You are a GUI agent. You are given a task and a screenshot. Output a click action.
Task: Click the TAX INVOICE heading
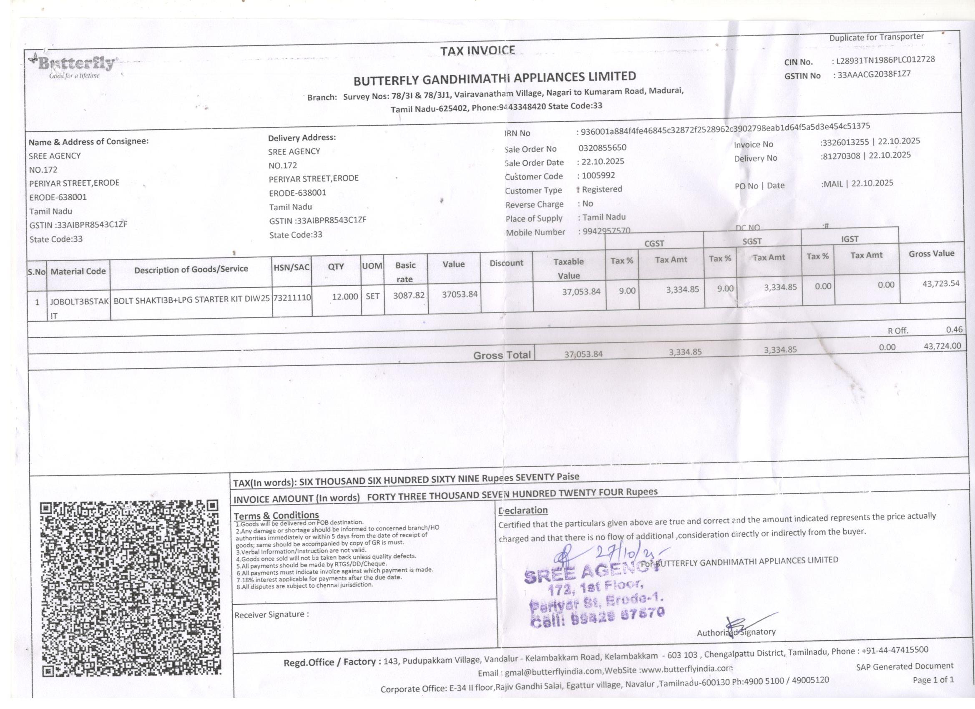(x=477, y=51)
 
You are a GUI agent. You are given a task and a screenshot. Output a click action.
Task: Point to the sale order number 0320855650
(x=602, y=148)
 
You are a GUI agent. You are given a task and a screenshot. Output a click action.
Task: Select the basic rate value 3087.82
(x=409, y=295)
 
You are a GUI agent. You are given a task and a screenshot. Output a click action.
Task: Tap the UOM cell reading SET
(x=372, y=296)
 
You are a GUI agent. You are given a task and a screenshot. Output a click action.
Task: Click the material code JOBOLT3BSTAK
(x=79, y=302)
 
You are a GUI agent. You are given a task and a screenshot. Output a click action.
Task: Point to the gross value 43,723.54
(x=941, y=283)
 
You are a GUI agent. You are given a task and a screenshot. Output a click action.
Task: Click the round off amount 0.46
(x=954, y=330)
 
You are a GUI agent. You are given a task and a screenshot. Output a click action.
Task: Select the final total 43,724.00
(x=942, y=346)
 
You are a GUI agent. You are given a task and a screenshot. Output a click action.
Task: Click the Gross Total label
(x=502, y=355)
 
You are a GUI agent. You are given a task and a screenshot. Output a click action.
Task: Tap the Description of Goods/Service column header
(x=191, y=269)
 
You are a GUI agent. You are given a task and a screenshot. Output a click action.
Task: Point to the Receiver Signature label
(x=271, y=614)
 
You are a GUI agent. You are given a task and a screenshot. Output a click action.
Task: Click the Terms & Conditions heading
(x=276, y=515)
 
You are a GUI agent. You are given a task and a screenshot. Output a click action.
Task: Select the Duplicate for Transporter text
(x=876, y=38)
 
